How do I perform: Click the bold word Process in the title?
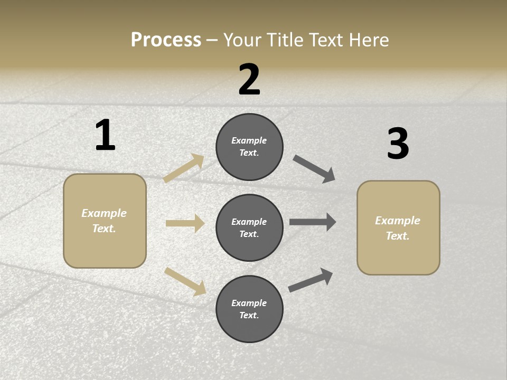click(x=166, y=40)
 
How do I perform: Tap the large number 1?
click(x=105, y=135)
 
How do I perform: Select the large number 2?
click(x=249, y=80)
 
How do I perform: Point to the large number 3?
click(x=398, y=144)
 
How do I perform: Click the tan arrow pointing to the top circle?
click(x=183, y=168)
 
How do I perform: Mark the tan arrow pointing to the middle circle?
click(x=185, y=223)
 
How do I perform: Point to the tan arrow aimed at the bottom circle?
click(x=185, y=281)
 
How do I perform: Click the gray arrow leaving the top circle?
click(x=314, y=168)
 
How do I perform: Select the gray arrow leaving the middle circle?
click(x=313, y=222)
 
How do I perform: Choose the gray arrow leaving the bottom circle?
click(x=311, y=280)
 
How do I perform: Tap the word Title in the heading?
click(x=285, y=40)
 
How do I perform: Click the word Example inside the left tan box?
click(x=104, y=213)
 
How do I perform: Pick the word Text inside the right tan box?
click(x=398, y=236)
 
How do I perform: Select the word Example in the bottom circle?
click(x=249, y=303)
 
